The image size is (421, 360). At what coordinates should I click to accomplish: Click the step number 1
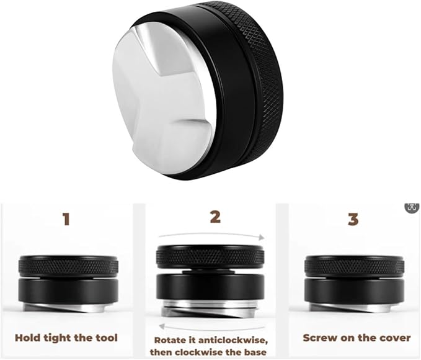(x=66, y=219)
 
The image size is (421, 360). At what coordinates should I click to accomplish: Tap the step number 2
(x=215, y=217)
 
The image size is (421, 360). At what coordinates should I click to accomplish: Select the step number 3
(x=353, y=219)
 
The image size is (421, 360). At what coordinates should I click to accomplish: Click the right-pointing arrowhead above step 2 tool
(x=262, y=237)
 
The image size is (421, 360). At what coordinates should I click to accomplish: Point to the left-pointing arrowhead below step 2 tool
(x=162, y=327)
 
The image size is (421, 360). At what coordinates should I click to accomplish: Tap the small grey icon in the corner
(x=412, y=207)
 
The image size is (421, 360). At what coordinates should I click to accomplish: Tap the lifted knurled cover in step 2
(x=210, y=258)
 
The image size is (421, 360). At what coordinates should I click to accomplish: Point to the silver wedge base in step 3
(x=355, y=308)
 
